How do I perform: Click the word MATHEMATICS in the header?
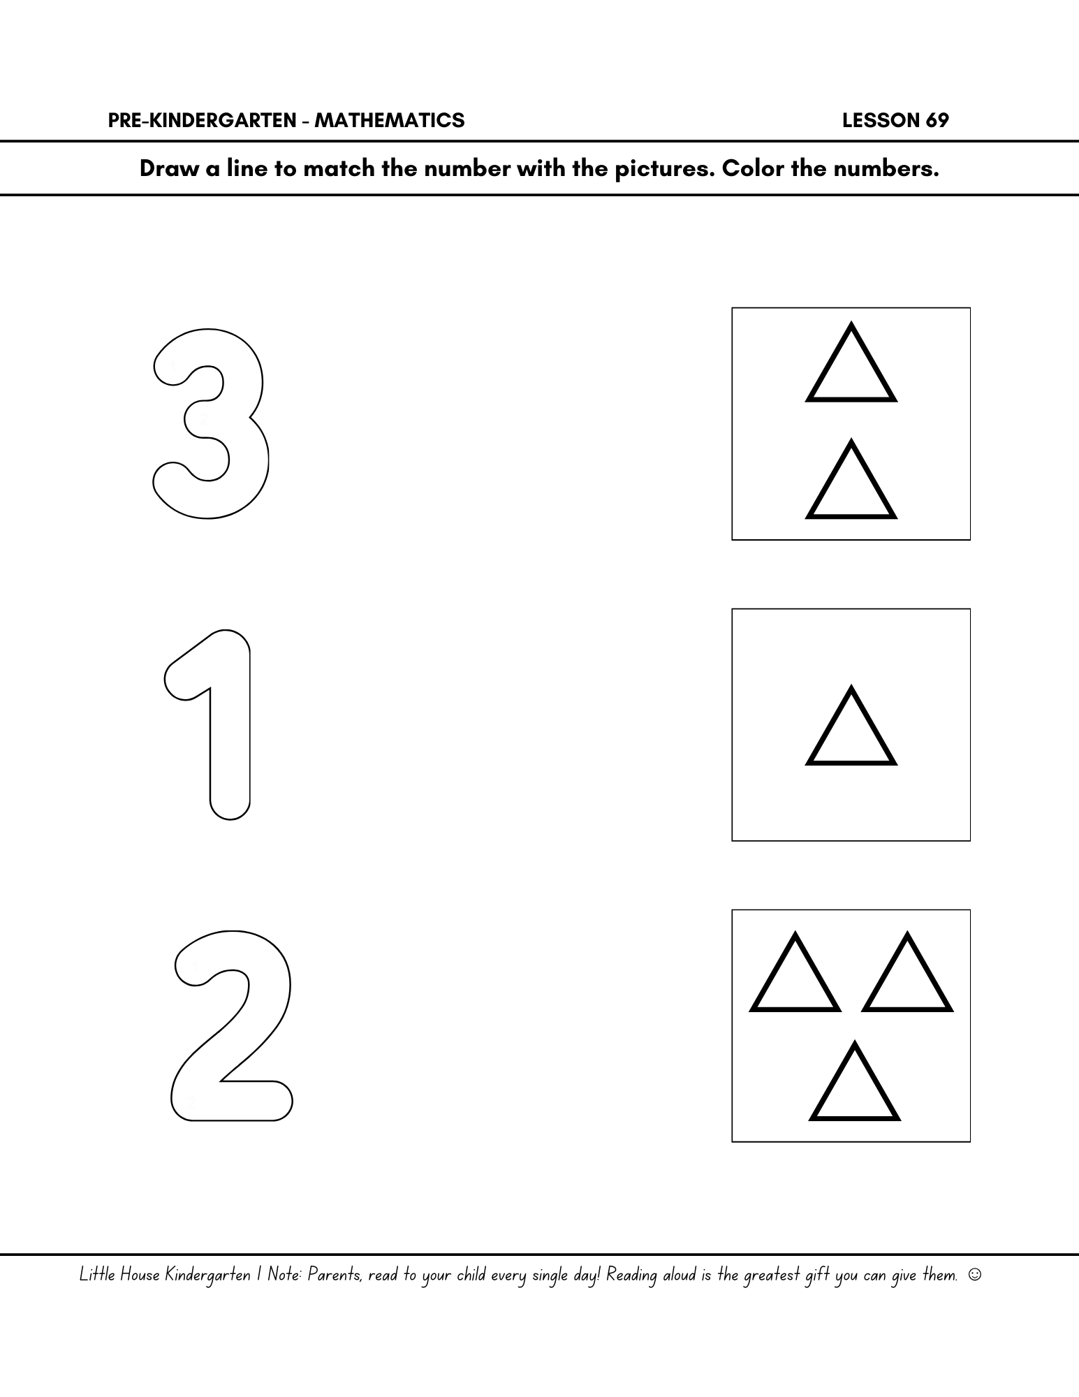[x=389, y=121]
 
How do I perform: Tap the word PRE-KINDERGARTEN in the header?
[x=203, y=121]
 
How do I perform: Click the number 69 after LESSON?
[x=937, y=121]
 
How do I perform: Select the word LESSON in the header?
[x=881, y=121]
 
